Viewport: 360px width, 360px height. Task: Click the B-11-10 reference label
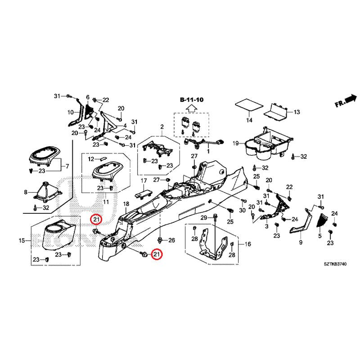(x=192, y=99)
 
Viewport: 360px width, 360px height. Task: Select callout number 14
(x=249, y=120)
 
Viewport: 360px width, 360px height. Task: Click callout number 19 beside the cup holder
(x=235, y=143)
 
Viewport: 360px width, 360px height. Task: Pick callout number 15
(x=22, y=241)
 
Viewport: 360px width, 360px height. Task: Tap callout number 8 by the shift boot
(x=26, y=192)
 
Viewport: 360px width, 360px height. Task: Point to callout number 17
(x=144, y=181)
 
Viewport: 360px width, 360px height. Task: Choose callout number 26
(x=171, y=240)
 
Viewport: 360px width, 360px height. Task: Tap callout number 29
(x=203, y=218)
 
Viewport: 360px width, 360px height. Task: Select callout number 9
(x=301, y=243)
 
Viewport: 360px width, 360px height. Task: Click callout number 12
(x=90, y=159)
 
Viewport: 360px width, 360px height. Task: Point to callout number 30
(x=242, y=211)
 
